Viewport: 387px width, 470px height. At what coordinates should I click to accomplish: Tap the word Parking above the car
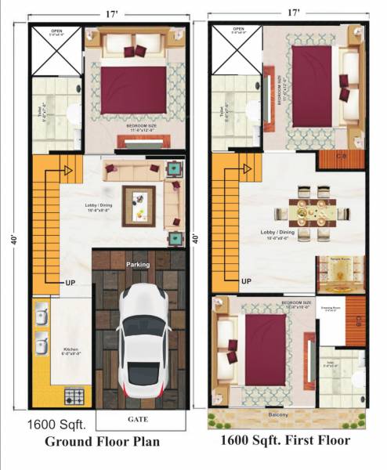coord(138,265)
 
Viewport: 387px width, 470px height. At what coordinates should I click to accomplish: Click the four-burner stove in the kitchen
coord(74,395)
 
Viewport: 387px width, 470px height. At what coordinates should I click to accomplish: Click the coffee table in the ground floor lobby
coord(139,206)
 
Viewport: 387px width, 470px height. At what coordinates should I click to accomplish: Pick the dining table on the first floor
coord(312,211)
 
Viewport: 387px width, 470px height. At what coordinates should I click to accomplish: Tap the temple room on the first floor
coord(340,273)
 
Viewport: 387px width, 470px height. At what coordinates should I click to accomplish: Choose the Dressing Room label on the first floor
coord(331,309)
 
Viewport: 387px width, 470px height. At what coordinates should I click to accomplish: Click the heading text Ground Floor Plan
coord(102,441)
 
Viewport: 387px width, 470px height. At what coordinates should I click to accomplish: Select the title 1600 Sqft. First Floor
coord(285,441)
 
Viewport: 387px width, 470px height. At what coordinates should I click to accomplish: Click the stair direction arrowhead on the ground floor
coord(68,169)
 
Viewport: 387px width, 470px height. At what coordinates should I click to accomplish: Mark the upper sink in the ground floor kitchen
coord(41,317)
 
